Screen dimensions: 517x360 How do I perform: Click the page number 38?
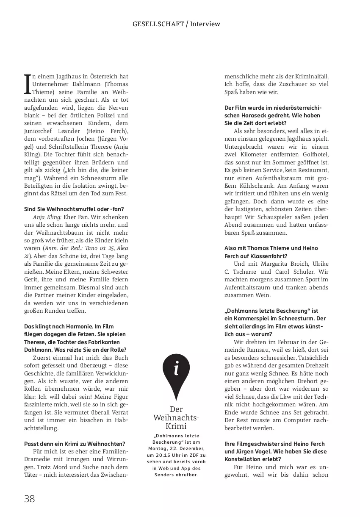(29, 499)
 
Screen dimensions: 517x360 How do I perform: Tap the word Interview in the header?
(205, 24)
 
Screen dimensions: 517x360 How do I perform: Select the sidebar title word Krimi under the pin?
(176, 426)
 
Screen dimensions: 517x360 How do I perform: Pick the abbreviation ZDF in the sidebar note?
(193, 455)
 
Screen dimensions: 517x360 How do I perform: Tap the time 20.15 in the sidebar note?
(160, 455)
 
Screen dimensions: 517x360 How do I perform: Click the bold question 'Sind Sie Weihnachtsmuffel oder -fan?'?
(74, 208)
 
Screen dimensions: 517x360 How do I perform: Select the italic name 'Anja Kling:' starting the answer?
(47, 217)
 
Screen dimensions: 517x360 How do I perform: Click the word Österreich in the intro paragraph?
(104, 76)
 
